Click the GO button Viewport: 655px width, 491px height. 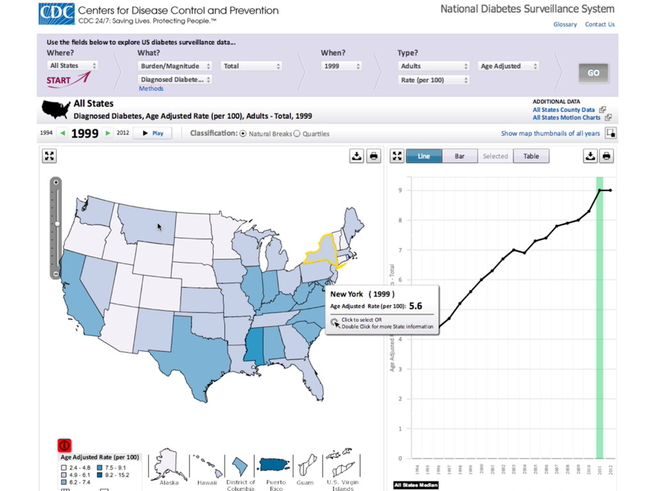(593, 73)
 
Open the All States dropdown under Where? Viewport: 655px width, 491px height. (73, 66)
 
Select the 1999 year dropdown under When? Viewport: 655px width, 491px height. (342, 66)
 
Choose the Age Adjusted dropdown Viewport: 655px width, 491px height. (509, 66)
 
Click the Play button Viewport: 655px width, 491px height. (152, 133)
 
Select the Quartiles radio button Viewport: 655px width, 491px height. (297, 134)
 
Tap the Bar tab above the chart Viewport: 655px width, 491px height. (459, 156)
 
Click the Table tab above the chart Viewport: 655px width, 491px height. (531, 156)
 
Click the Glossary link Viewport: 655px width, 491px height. (565, 24)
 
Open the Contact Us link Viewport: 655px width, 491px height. (599, 24)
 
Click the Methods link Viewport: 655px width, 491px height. (151, 88)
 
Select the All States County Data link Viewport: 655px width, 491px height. (564, 109)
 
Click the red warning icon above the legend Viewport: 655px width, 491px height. (65, 446)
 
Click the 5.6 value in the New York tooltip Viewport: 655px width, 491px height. (416, 306)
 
